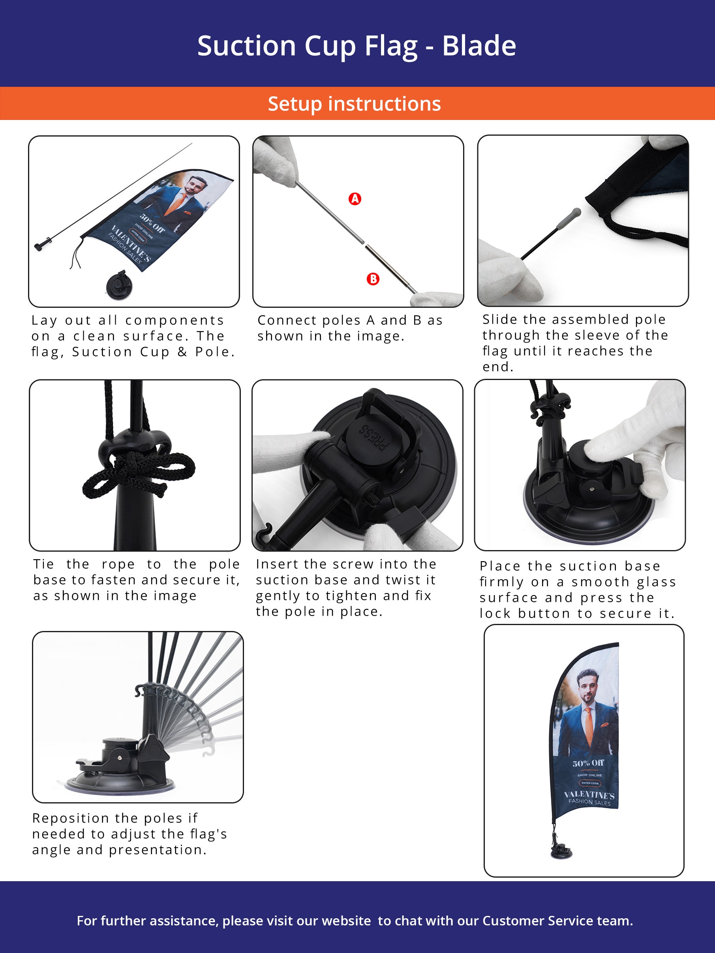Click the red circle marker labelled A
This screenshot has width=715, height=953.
[355, 198]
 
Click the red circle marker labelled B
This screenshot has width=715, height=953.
[373, 279]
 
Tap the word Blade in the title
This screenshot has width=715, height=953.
[479, 46]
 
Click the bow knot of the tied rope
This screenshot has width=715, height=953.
[138, 473]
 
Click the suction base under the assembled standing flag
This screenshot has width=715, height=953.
[561, 850]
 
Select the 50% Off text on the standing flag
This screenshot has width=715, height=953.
[588, 763]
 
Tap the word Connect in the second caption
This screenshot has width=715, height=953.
[284, 320]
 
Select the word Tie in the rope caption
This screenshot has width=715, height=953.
[43, 564]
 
